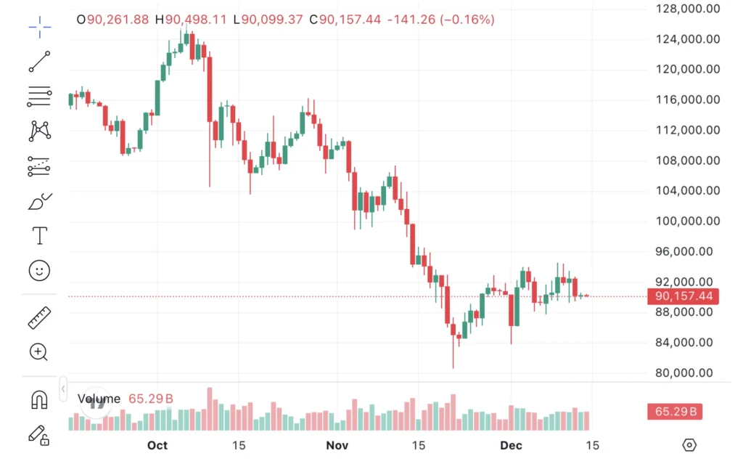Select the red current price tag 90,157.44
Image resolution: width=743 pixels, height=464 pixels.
(683, 296)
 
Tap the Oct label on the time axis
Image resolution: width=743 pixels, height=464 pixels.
(157, 445)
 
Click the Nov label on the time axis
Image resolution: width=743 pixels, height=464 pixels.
(337, 445)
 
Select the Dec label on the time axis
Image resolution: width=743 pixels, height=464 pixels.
(511, 445)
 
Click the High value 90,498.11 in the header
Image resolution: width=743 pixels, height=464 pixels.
(195, 20)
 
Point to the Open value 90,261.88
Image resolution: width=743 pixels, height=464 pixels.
(118, 20)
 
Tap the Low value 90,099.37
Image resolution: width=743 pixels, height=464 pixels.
(272, 20)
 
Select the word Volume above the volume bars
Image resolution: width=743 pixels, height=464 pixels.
(99, 399)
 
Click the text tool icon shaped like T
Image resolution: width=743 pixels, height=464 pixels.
(39, 235)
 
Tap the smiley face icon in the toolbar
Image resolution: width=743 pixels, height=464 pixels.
(39, 271)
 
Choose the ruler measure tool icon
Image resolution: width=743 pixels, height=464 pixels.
(39, 318)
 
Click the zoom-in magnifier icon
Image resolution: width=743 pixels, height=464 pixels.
(39, 353)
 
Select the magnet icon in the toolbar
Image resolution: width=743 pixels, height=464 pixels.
(39, 399)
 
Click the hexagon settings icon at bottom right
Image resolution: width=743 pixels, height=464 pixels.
(689, 445)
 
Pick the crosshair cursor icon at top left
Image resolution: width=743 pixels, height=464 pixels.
(40, 28)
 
